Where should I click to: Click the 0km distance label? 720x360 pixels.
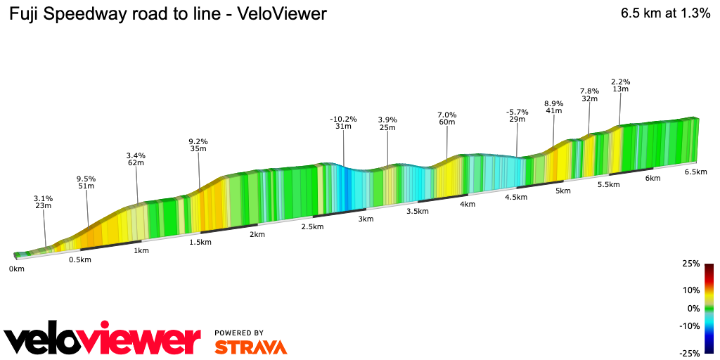pyautogui.click(x=16, y=269)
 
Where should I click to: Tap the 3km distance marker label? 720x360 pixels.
pyautogui.click(x=365, y=219)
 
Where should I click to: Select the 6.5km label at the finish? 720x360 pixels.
pyautogui.click(x=695, y=172)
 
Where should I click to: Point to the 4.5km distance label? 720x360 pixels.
pyautogui.click(x=515, y=198)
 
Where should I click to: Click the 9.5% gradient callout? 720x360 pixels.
pyautogui.click(x=86, y=179)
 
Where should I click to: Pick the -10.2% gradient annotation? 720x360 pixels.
pyautogui.click(x=343, y=119)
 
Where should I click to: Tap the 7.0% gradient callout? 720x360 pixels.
pyautogui.click(x=447, y=115)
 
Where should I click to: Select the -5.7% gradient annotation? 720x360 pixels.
pyautogui.click(x=517, y=112)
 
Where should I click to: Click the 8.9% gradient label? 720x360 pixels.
pyautogui.click(x=554, y=104)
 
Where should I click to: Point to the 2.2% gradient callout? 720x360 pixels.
pyautogui.click(x=620, y=82)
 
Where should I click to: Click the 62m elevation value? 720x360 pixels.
pyautogui.click(x=136, y=163)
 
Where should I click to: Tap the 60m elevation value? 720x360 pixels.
pyautogui.click(x=447, y=122)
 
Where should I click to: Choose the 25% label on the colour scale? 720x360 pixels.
pyautogui.click(x=691, y=264)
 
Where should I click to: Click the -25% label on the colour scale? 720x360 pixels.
pyautogui.click(x=690, y=353)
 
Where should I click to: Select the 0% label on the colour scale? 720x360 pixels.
pyautogui.click(x=694, y=309)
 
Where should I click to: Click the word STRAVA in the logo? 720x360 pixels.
pyautogui.click(x=250, y=347)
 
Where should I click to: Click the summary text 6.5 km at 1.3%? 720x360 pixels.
pyautogui.click(x=665, y=13)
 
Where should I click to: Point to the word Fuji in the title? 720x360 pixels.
pyautogui.click(x=25, y=14)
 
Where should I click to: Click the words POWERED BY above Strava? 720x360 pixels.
pyautogui.click(x=239, y=333)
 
